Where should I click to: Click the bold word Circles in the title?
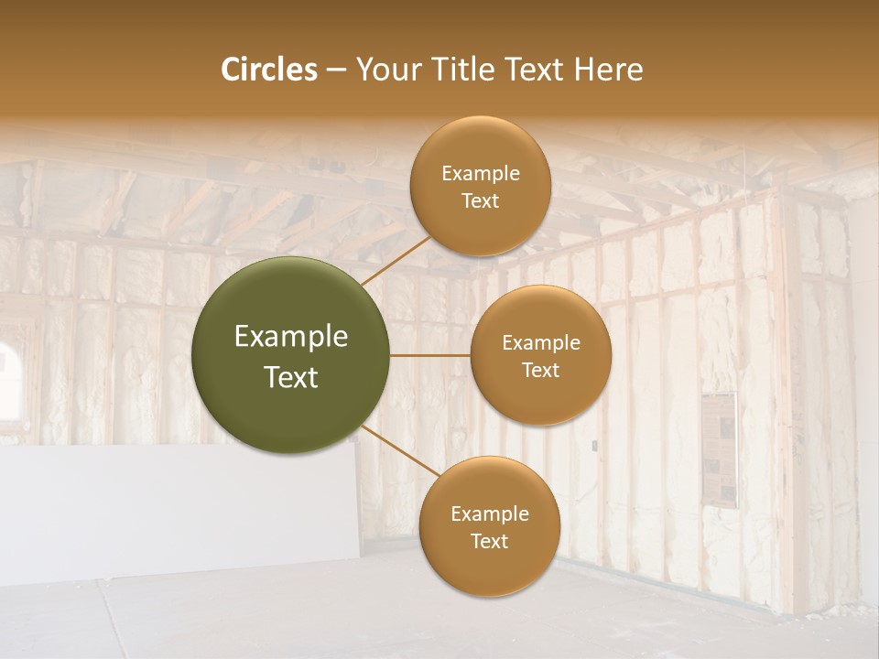(269, 70)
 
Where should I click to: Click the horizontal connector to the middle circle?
(430, 355)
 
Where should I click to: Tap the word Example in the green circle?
(291, 337)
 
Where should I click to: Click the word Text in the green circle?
(291, 377)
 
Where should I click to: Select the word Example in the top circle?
(480, 174)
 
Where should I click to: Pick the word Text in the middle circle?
(540, 371)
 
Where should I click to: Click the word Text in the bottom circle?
(489, 542)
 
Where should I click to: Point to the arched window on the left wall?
(9, 375)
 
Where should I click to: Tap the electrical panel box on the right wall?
(720, 448)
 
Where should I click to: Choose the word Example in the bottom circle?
(489, 514)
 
